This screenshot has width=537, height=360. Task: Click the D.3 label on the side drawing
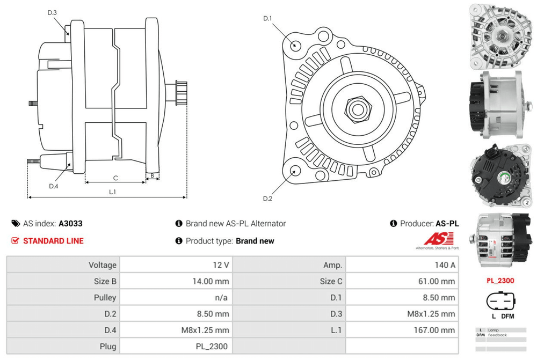(52, 12)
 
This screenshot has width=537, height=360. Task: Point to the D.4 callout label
(53, 186)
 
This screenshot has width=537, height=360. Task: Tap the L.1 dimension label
(113, 192)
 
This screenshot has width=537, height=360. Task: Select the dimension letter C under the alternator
(115, 178)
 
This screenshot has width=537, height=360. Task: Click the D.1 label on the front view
(267, 19)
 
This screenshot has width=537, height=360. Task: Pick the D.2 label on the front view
(267, 199)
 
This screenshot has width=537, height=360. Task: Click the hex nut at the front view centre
(355, 109)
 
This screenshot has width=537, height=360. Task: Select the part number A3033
(70, 224)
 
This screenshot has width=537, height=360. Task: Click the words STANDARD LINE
(53, 241)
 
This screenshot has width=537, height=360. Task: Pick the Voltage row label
(103, 265)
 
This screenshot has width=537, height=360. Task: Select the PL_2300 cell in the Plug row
(213, 346)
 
